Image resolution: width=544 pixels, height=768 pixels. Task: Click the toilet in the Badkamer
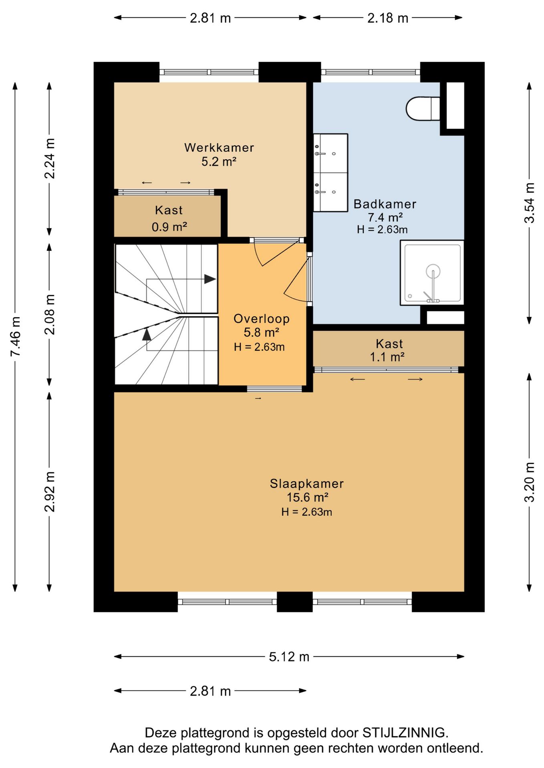(x=423, y=108)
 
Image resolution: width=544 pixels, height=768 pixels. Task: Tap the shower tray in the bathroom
(x=432, y=273)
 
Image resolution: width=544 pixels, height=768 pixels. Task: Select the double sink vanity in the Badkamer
(x=330, y=172)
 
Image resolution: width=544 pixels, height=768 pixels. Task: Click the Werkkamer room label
(x=219, y=148)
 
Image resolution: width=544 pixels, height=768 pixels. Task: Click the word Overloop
(x=262, y=319)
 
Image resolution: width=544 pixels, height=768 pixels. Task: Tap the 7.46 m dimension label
(x=15, y=336)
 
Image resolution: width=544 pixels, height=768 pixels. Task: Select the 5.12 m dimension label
(x=289, y=657)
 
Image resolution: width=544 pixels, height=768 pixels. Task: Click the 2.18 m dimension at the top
(x=388, y=18)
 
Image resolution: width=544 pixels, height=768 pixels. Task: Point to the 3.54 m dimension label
(x=530, y=203)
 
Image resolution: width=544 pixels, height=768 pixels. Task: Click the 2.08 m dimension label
(x=50, y=314)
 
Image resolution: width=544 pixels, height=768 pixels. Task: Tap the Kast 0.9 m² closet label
(x=169, y=218)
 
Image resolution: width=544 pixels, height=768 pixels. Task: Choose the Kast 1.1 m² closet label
(x=389, y=350)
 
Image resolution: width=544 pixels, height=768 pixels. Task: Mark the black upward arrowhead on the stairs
(x=147, y=334)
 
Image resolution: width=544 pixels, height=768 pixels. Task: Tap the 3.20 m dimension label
(x=530, y=482)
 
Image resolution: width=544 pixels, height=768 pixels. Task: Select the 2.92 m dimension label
(x=50, y=492)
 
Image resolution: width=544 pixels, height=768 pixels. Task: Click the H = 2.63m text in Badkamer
(x=382, y=230)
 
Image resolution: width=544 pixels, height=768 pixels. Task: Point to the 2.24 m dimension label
(x=50, y=158)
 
